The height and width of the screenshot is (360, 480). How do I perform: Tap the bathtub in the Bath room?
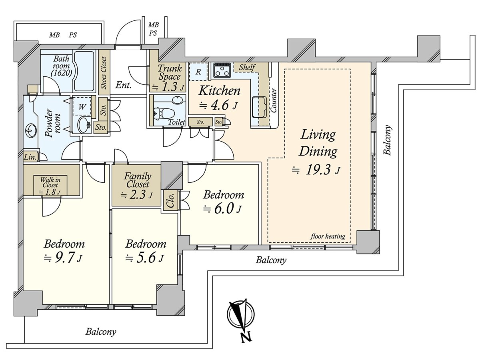point(84,71)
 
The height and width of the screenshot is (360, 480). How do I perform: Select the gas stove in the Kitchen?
point(222,70)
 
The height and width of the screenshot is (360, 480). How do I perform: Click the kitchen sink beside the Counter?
point(259,107)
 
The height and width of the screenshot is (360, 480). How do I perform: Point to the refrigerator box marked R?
point(198,72)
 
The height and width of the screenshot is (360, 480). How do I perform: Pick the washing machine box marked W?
point(82,106)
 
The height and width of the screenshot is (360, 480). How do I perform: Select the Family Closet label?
point(138,180)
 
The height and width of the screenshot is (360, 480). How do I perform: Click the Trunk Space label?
point(170,72)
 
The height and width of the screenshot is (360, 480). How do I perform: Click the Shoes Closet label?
point(104,73)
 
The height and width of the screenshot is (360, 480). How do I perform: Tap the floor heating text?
point(328,236)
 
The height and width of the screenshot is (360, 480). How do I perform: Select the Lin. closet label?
point(30,157)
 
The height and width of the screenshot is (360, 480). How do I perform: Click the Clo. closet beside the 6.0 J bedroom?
point(170,200)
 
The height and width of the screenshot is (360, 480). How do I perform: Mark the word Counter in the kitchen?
point(274,100)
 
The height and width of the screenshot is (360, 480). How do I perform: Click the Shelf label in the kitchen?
point(247,67)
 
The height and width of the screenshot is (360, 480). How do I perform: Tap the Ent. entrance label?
point(123,85)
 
